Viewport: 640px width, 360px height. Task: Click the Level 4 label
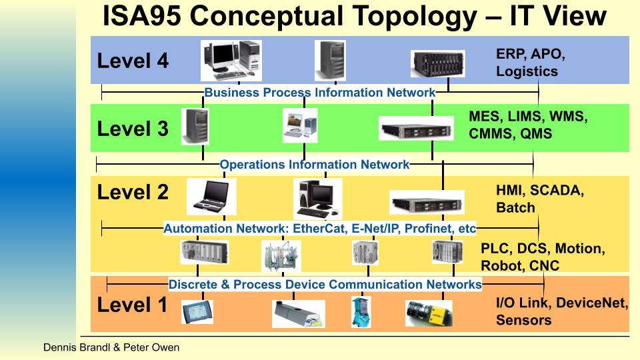[x=133, y=61]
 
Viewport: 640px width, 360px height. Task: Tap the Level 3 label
[x=133, y=129]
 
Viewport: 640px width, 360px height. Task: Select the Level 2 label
[x=133, y=193]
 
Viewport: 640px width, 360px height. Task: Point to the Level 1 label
[x=133, y=305]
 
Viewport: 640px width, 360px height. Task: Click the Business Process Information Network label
[x=319, y=93]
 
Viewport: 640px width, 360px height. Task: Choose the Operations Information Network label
[x=314, y=164]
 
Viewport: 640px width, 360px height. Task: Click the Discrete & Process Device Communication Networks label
[x=325, y=285]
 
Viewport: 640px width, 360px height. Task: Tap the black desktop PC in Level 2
[x=317, y=199]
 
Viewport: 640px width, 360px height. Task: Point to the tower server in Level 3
[x=199, y=127]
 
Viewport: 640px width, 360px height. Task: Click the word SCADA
[x=557, y=191]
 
